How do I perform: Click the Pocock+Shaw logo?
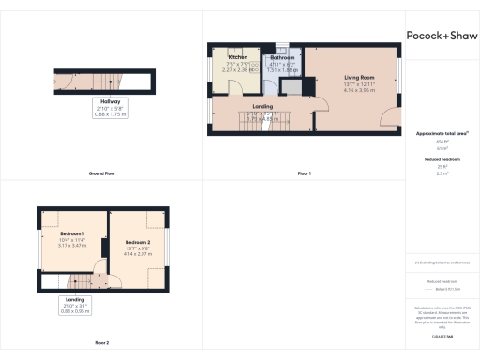click(x=441, y=36)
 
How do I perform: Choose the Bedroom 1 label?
click(x=72, y=232)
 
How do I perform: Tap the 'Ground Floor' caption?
click(x=101, y=173)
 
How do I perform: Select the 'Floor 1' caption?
click(x=304, y=173)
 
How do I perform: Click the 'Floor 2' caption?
click(x=101, y=343)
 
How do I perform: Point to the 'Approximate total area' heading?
click(x=441, y=133)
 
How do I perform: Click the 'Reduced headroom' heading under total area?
click(x=441, y=160)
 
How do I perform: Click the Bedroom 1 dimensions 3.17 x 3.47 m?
click(x=72, y=245)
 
